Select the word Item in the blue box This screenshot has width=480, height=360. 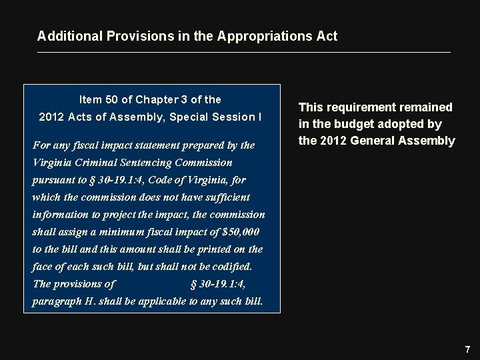[90, 100]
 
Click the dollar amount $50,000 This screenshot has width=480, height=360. [241, 232]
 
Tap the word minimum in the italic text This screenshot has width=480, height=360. [126, 232]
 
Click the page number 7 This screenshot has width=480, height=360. [467, 349]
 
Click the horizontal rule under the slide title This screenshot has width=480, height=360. [244, 52]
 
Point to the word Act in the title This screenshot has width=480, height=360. [327, 36]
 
